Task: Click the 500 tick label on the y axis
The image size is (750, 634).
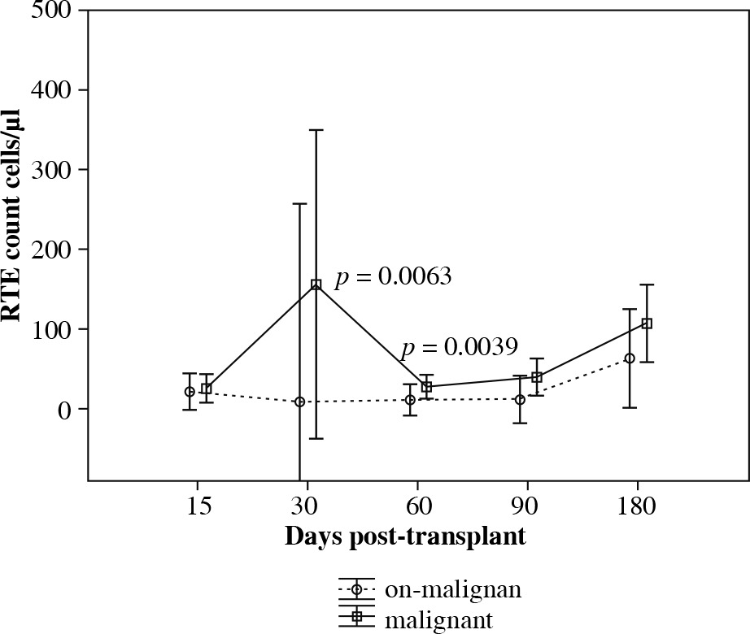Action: pos(51,11)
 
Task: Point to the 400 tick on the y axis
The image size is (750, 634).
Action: pos(51,90)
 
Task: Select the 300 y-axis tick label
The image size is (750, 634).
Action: pos(51,170)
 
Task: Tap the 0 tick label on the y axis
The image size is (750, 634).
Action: pos(63,410)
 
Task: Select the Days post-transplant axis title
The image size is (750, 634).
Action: pos(404,537)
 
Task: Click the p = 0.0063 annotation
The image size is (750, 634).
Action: pos(394,277)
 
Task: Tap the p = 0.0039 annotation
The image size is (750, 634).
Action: pos(459,348)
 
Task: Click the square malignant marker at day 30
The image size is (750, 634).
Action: pos(316,284)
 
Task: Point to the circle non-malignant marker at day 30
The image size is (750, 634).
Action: pos(299,402)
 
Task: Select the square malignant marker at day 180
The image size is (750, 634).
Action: pos(648,324)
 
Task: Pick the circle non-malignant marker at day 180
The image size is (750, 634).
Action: pos(630,358)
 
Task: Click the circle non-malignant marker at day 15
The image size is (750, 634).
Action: pos(190,392)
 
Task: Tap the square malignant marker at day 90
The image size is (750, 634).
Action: pos(537,377)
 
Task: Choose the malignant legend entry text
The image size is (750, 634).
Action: pos(438,621)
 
